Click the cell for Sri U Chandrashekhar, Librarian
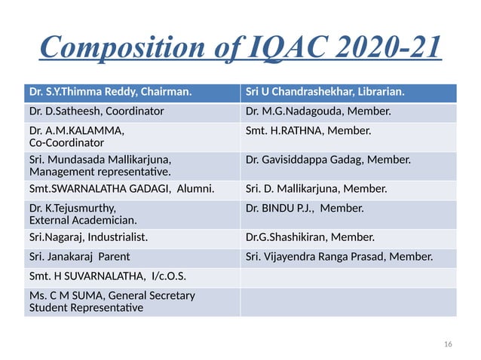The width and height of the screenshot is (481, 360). click(x=326, y=93)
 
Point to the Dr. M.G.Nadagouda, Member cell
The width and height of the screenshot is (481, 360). click(x=318, y=112)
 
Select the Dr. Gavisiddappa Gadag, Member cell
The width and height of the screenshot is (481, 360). click(x=328, y=160)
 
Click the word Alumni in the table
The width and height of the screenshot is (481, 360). click(x=194, y=189)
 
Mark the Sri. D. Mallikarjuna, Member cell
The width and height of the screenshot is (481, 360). click(x=317, y=189)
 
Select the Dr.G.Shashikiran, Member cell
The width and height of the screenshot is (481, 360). click(x=310, y=238)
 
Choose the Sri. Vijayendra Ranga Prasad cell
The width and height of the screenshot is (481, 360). click(x=339, y=257)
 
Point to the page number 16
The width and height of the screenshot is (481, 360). click(x=449, y=344)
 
